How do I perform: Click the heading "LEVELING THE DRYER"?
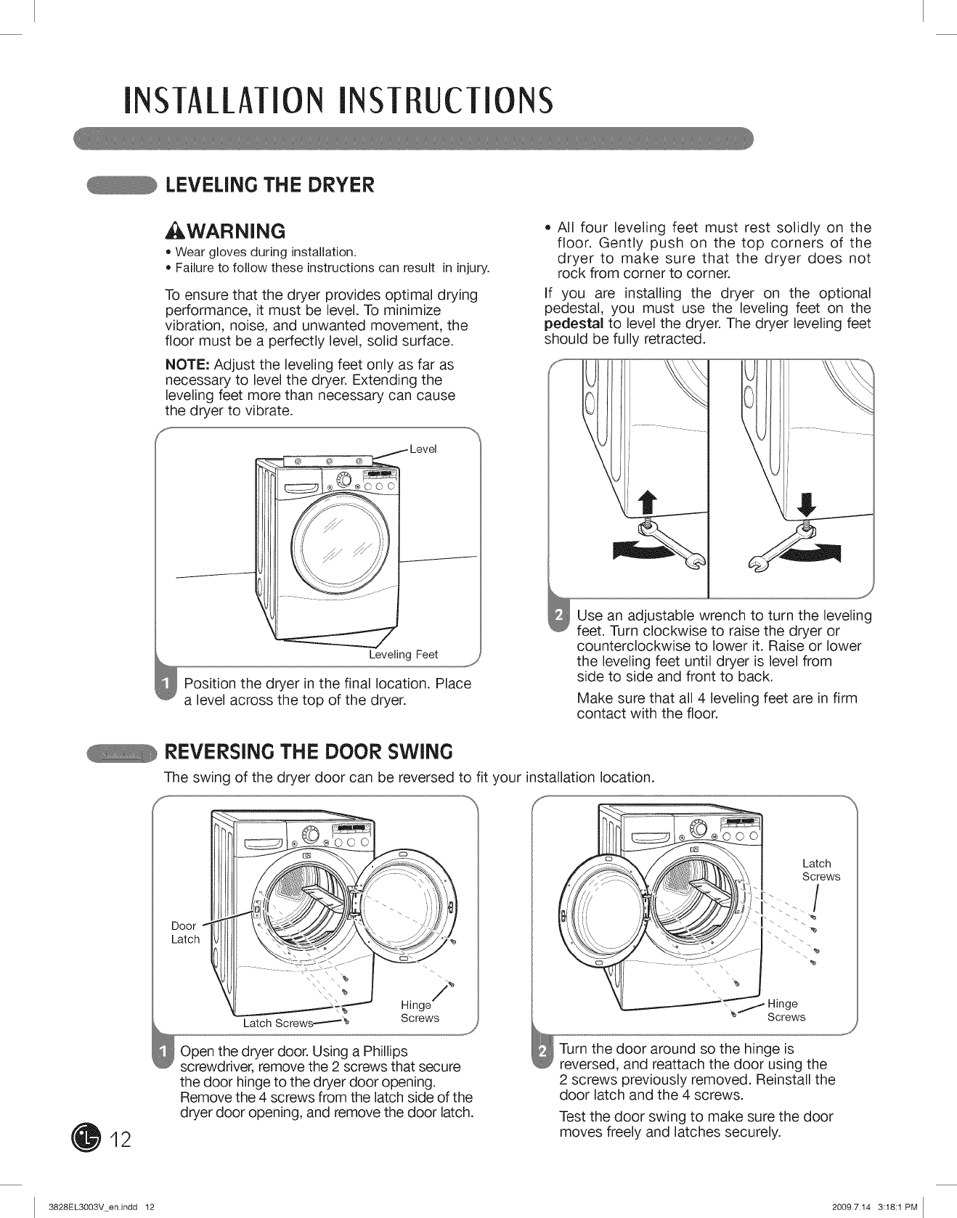point(270,185)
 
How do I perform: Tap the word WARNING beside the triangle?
point(234,232)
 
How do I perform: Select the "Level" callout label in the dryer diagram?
point(423,449)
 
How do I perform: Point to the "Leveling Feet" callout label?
point(404,655)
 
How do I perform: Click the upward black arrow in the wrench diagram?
point(642,502)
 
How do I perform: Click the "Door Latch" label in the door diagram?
point(185,932)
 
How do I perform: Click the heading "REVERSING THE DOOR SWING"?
point(309,751)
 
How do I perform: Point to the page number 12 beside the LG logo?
point(121,1140)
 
